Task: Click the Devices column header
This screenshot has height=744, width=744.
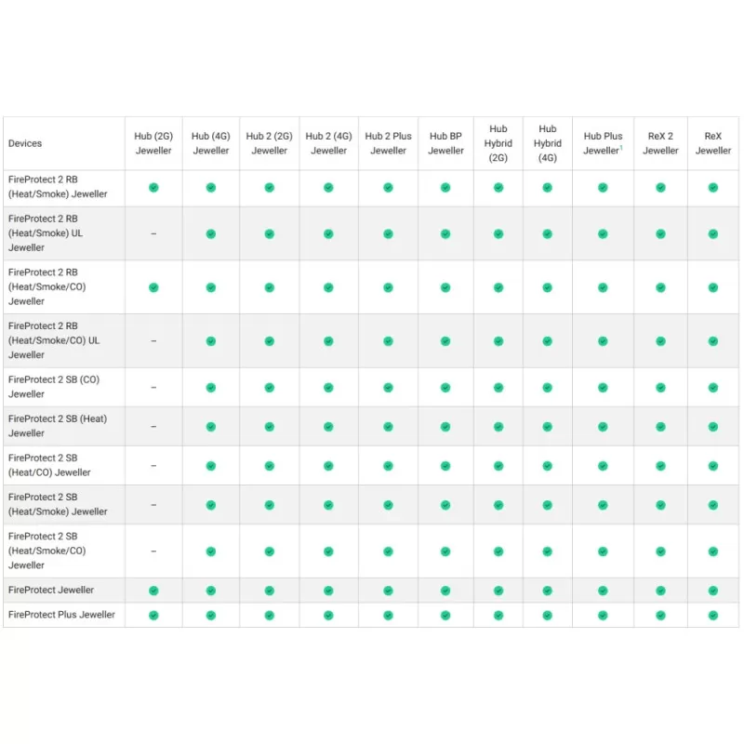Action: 25,143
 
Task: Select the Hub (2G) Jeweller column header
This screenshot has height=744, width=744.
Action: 153,143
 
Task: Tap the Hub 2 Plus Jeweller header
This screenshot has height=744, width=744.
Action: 388,143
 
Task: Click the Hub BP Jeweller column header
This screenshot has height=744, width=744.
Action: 445,143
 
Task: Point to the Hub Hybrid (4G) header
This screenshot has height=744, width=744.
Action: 547,143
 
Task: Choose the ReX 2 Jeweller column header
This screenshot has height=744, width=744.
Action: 660,143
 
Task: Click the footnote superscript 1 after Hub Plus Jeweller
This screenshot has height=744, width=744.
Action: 621,147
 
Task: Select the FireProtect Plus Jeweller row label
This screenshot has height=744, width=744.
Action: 61,615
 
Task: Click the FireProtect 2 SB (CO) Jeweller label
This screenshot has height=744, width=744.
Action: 54,387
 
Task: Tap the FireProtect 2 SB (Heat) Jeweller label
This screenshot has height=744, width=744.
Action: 58,426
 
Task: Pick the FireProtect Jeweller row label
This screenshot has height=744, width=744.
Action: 51,591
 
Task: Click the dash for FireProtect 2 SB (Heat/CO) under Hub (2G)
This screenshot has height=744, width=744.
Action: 153,466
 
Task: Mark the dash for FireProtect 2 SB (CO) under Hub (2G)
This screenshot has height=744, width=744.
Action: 153,388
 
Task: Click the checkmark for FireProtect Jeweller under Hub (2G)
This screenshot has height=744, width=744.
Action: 153,591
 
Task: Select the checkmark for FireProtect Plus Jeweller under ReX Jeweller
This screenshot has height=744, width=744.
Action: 712,615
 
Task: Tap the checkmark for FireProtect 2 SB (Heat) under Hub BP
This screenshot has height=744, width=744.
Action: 445,427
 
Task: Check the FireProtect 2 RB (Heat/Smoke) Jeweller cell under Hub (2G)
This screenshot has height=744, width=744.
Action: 153,188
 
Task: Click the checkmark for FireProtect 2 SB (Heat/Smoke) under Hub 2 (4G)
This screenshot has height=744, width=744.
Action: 328,505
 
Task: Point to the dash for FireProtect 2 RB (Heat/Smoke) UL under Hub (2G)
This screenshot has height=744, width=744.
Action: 153,233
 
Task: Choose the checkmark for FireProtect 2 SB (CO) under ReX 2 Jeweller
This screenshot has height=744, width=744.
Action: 660,388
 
